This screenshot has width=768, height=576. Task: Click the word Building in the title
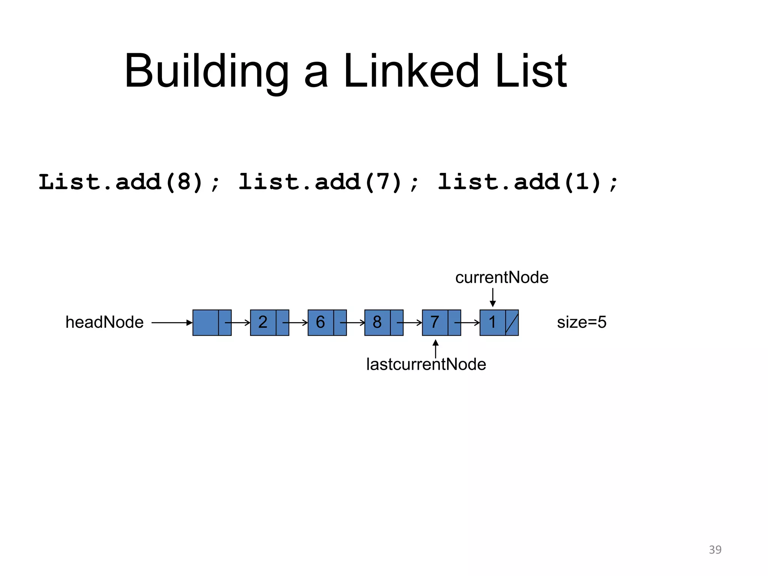click(x=207, y=71)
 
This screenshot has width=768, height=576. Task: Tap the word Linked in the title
click(x=411, y=71)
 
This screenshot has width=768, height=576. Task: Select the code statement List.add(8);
click(x=130, y=183)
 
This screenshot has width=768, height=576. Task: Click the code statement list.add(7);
click(x=329, y=183)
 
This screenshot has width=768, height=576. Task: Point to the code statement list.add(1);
click(x=528, y=183)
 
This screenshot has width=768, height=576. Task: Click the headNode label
click(x=104, y=322)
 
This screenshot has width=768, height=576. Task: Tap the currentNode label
click(x=502, y=278)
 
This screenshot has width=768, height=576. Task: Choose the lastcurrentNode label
click(x=426, y=364)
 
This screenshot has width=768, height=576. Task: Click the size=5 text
click(x=582, y=322)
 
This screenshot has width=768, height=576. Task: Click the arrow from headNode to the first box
click(x=172, y=322)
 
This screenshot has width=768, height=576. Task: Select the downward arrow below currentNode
click(x=493, y=298)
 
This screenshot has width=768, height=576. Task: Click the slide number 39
click(x=715, y=550)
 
